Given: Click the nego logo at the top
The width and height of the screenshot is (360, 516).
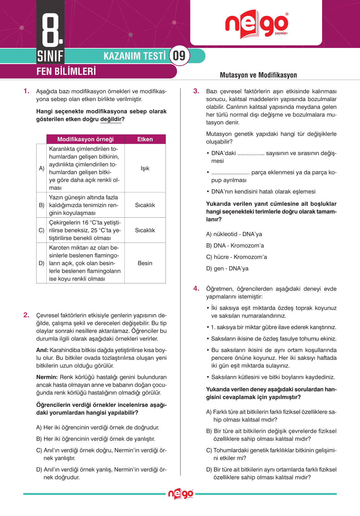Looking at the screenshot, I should coord(256,24).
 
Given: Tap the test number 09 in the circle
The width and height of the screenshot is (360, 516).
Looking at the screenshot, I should coord(179,56).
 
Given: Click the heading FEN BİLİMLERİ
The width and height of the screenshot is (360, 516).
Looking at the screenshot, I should coord(66,71).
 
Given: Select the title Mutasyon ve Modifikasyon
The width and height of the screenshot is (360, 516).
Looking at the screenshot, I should coord(258,75).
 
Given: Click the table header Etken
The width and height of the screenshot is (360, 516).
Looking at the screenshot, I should coord(145,139).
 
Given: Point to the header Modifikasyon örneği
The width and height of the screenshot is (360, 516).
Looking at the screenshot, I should coord(86,139).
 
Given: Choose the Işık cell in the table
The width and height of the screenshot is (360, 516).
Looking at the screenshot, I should coord(145,168).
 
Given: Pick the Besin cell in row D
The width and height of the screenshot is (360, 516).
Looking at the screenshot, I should coord(145,263).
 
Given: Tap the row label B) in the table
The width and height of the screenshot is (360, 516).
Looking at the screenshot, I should coord(41,205).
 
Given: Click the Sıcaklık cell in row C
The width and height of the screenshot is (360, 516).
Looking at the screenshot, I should coord(145,230).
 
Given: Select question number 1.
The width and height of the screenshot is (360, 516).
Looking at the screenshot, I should coord(26,91).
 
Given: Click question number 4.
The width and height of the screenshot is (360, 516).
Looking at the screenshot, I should coord(196,289).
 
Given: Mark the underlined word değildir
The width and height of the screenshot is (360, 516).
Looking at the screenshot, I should coord(111,119).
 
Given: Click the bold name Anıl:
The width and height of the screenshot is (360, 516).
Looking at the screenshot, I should coord(42,350).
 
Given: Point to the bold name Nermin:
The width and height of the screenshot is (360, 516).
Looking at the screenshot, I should coord(47,377).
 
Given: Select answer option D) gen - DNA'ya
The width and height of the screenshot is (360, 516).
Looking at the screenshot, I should coord(227,269).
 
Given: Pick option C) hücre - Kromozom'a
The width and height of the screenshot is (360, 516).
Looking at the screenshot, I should coord(237,257).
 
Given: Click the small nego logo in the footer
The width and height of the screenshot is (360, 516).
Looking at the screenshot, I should coord(180,494).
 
